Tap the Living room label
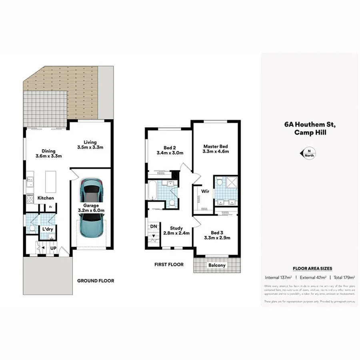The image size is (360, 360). [x=90, y=142]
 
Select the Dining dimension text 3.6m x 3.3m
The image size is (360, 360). [x=48, y=156]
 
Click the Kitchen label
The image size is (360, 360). [x=46, y=198]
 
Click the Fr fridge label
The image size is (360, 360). [x=50, y=207]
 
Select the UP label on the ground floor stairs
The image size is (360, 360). [x=53, y=248]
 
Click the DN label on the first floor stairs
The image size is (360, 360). [x=153, y=226]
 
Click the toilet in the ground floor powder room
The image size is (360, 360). [x=32, y=229]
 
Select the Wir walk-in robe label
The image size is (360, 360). [x=205, y=191]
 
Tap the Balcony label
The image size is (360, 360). [x=217, y=265]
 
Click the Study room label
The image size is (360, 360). [x=176, y=228]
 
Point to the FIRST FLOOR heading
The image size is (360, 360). [x=169, y=264]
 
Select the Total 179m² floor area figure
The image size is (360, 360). [x=344, y=277]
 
